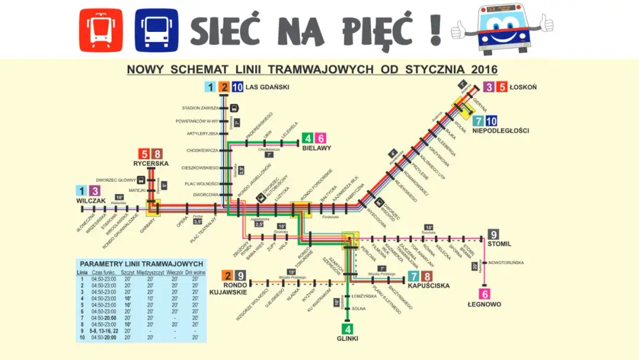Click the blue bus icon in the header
[x=156, y=29]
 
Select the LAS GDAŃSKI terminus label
[x=267, y=87]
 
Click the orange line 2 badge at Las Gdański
[x=224, y=87]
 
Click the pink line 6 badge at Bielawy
[x=320, y=137]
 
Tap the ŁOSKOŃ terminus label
[x=523, y=87]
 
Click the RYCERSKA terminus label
[x=151, y=163]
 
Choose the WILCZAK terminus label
[x=91, y=201]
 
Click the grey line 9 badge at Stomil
[x=493, y=234]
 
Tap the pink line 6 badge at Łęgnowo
[x=485, y=294]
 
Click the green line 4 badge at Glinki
[x=347, y=329]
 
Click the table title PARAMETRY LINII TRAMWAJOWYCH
[x=141, y=263]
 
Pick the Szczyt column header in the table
[x=127, y=272]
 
